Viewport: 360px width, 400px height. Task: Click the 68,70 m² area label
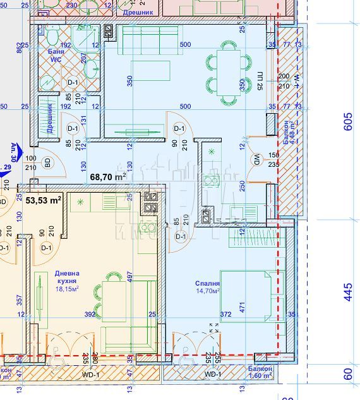pos(108,178)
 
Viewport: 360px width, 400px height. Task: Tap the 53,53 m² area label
pos(44,200)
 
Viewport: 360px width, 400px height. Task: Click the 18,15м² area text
pos(66,289)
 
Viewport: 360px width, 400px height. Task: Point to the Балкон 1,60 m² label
pos(260,372)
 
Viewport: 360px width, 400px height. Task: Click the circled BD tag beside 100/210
pos(47,162)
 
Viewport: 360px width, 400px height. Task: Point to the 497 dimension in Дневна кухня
pos(129,277)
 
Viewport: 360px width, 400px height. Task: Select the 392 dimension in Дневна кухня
pos(90,314)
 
